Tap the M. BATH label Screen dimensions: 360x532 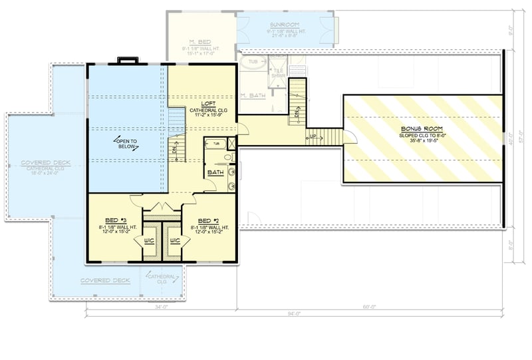pos(253,96)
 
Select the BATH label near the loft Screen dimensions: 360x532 pos(215,172)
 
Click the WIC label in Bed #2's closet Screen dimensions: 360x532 pos(176,240)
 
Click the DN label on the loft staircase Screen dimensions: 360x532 pos(174,149)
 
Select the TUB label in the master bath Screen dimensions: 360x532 pos(253,63)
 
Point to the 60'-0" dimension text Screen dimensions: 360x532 pos(369,307)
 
